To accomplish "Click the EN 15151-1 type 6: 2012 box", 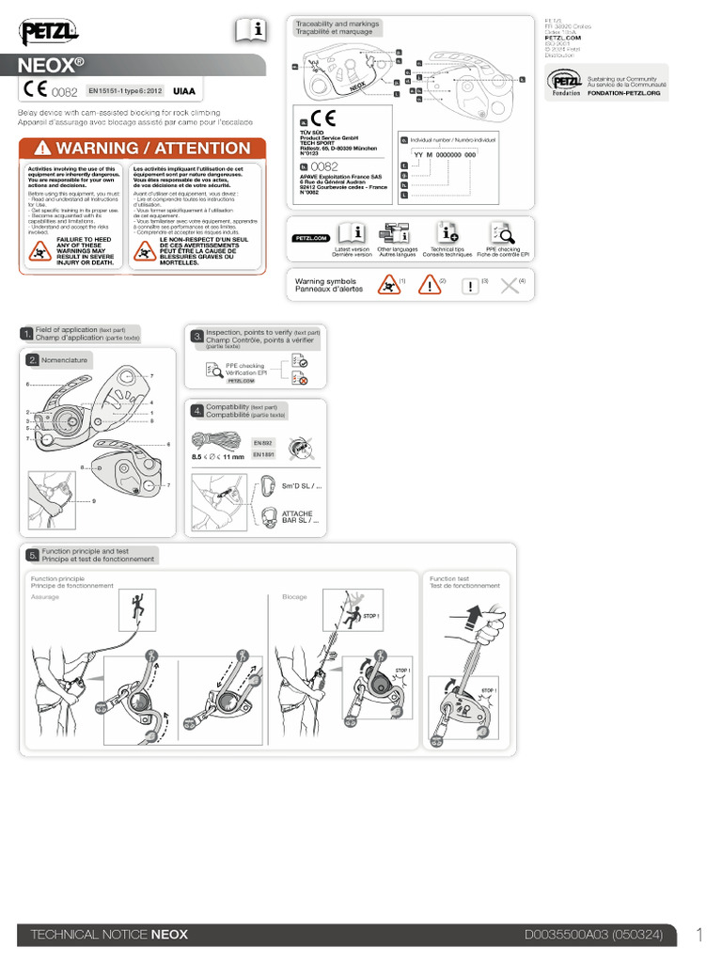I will click(x=126, y=92).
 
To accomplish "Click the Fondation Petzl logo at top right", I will click(x=563, y=82).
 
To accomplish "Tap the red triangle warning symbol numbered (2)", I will click(x=429, y=285).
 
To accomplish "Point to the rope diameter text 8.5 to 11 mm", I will click(x=218, y=457).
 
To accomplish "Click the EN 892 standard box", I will click(x=262, y=441).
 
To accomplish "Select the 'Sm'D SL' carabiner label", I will click(x=302, y=487).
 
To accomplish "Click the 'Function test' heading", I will click(x=449, y=577).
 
